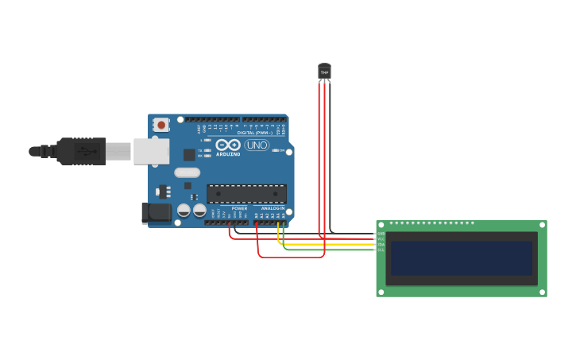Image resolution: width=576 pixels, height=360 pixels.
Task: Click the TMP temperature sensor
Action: tap(324, 72)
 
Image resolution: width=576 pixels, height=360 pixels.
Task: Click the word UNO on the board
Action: tap(257, 145)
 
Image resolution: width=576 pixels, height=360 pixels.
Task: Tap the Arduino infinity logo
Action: tap(227, 145)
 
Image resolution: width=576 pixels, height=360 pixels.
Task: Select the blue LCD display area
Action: tap(461, 258)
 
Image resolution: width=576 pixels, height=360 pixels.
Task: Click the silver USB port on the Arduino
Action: tap(151, 151)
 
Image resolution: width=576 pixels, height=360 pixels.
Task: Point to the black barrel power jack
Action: tap(156, 211)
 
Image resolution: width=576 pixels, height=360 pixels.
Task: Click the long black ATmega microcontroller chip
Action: tap(246, 193)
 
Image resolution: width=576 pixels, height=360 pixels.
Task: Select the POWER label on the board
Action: tap(239, 208)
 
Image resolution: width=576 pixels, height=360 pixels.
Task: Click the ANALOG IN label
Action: tap(273, 208)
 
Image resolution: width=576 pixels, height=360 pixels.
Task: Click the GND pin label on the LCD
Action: tap(381, 234)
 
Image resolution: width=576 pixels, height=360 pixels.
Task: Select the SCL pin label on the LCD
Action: tap(381, 250)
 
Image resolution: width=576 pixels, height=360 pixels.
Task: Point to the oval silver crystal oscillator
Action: tap(187, 172)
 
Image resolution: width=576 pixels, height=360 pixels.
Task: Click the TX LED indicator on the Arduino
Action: tap(207, 149)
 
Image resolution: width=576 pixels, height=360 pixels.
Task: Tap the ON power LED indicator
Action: tap(274, 150)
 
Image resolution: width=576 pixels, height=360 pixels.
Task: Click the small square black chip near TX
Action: tap(189, 155)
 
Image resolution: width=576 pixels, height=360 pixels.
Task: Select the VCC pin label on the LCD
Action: tap(381, 239)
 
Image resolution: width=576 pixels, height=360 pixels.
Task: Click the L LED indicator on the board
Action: tap(207, 140)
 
